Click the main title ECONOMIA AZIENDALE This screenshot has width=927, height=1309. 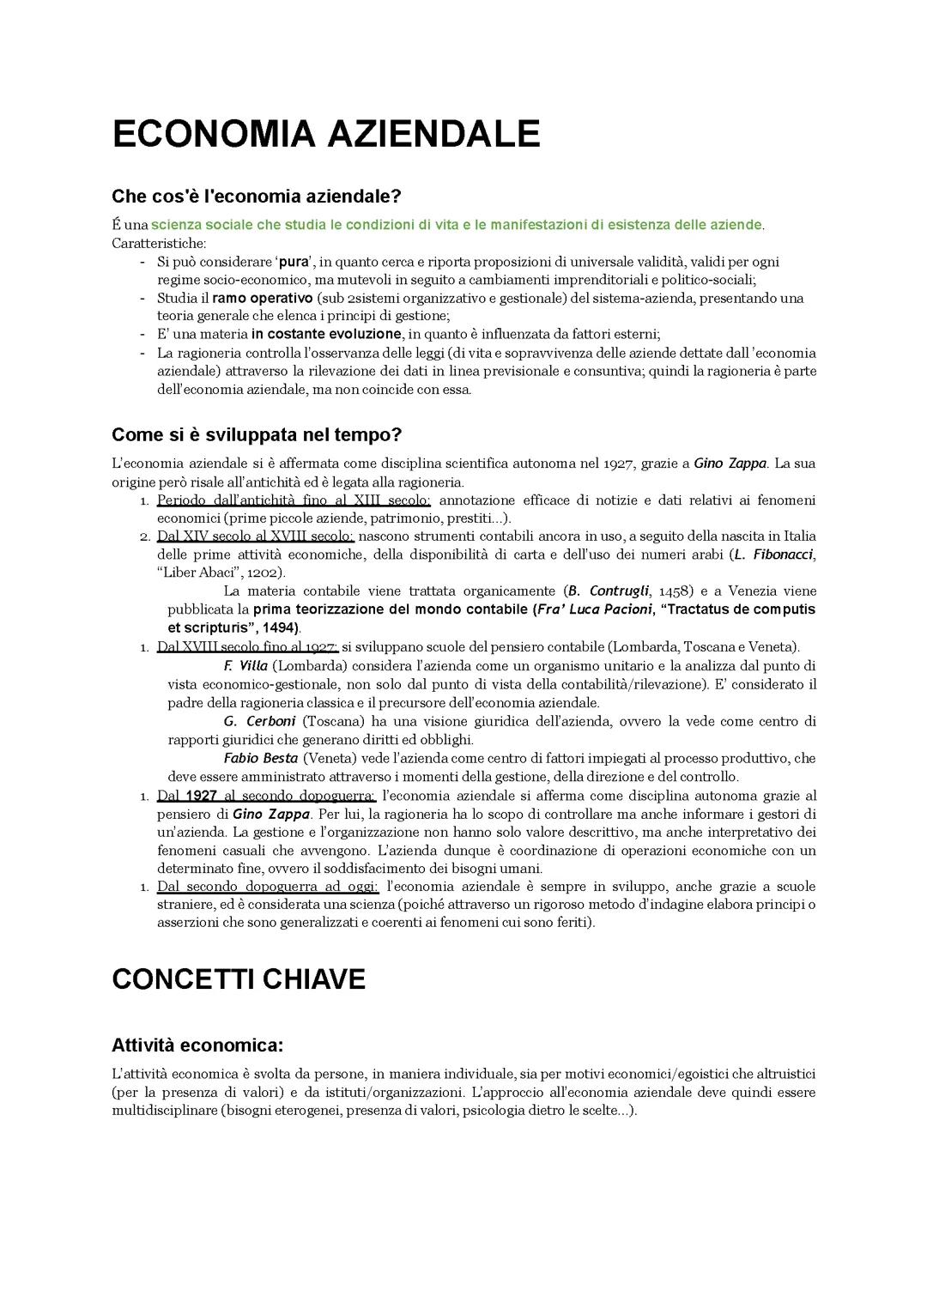coord(325,135)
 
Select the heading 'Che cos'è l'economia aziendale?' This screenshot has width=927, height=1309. coord(256,197)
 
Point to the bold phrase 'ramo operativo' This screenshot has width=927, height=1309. coord(262,298)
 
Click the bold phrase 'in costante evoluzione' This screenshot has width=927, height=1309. coord(326,334)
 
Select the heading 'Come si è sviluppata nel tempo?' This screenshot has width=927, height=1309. coord(257,434)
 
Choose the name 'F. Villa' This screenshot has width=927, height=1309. coord(245,666)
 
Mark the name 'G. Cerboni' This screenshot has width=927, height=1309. coord(259,721)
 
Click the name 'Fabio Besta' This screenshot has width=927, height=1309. coord(260,759)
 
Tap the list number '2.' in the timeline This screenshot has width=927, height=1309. coord(145,536)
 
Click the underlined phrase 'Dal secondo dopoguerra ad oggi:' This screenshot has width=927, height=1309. coord(268,887)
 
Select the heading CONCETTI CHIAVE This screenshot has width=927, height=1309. coord(239,979)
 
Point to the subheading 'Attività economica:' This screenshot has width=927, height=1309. coord(197,1045)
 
